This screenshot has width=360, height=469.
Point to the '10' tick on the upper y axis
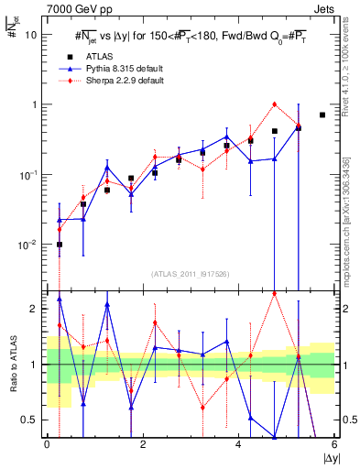tap(31, 35)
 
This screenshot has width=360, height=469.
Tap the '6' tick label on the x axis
tap(334, 444)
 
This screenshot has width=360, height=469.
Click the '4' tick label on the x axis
tap(238, 444)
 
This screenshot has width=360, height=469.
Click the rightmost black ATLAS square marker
tap(322, 115)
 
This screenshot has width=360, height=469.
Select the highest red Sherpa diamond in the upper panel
tap(275, 104)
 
